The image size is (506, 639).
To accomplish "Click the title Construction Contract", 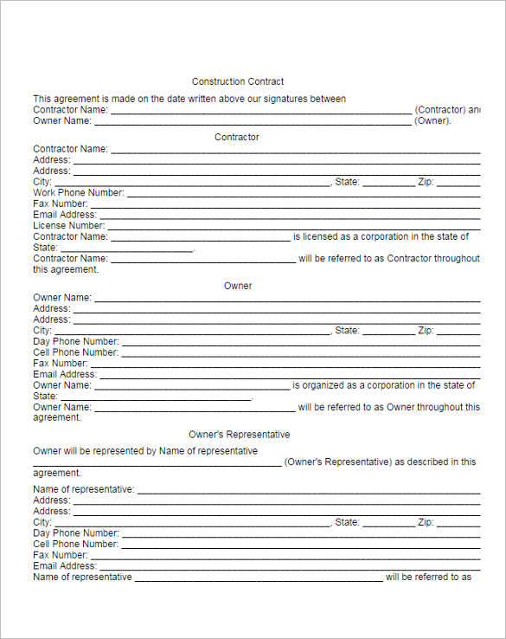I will point(238,81).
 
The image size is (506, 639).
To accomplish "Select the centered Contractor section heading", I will point(237,137).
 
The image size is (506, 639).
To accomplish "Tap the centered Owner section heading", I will point(238,286).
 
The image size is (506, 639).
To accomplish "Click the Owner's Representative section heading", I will point(239,435).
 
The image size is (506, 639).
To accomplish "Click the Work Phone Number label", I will point(79,192).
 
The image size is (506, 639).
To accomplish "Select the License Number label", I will point(69,225).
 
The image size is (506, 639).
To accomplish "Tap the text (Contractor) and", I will point(447,110).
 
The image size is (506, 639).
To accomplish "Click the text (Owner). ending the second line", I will point(433,121).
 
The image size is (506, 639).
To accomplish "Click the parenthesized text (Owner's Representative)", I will point(338,461).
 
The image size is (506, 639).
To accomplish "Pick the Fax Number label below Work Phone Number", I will point(61,203).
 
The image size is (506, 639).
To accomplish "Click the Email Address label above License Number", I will point(65,215).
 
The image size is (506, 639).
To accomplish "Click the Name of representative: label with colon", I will point(84,489).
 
